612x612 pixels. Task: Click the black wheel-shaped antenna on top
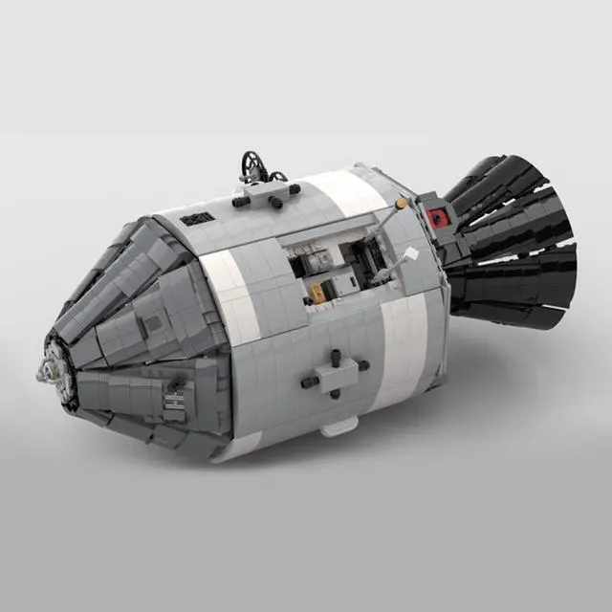[x=251, y=165]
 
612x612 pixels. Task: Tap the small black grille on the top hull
[x=196, y=218]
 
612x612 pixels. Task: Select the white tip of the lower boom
[x=410, y=254]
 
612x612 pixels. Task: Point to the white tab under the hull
[x=339, y=426]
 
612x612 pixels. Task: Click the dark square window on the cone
[x=151, y=324]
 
